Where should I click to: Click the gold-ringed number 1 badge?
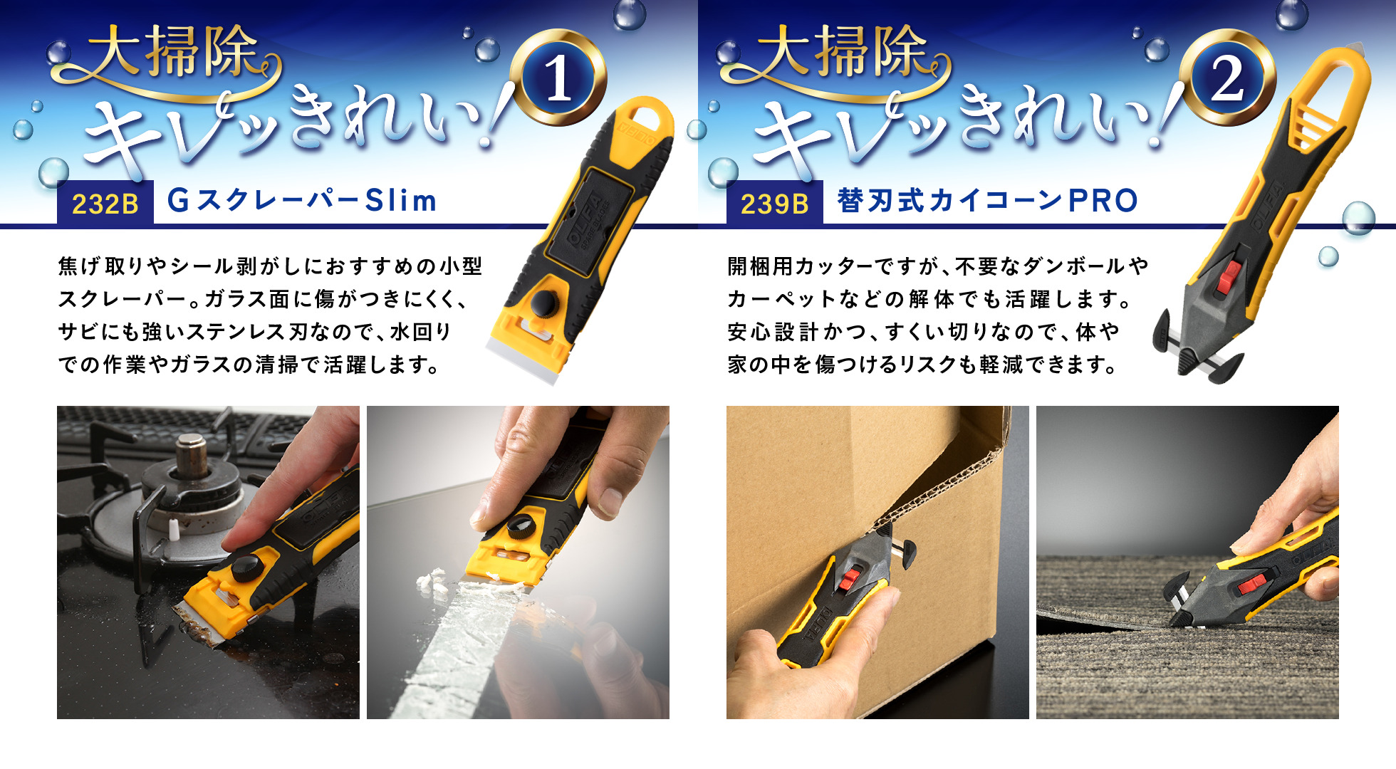(x=559, y=78)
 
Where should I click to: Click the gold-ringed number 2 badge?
(x=1227, y=78)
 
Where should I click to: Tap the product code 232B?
(x=105, y=204)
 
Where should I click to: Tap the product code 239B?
(x=775, y=204)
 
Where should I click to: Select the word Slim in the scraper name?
(x=401, y=200)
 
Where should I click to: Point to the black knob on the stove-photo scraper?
(x=246, y=570)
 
